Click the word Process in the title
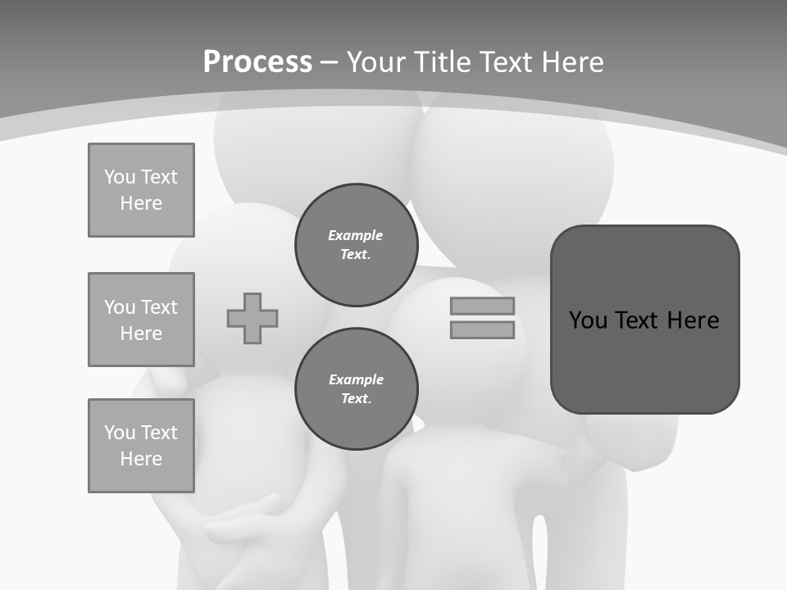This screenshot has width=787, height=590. tap(257, 62)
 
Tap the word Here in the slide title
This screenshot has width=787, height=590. tap(568, 62)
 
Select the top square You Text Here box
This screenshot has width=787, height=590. tap(141, 190)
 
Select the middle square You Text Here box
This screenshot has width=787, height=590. tap(141, 320)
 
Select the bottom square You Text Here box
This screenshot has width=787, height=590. tap(141, 446)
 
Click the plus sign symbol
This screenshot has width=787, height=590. tap(252, 318)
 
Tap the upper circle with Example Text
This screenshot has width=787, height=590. tap(356, 245)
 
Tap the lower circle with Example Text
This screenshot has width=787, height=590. tap(356, 389)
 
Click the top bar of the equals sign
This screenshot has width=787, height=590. tap(482, 306)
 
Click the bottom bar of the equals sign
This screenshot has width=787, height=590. tap(482, 330)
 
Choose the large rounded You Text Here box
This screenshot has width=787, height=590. tap(644, 320)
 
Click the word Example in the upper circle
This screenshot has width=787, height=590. tap(355, 235)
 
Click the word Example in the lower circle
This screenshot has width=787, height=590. tap(356, 379)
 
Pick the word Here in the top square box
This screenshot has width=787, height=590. tap(141, 203)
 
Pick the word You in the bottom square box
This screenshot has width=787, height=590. tap(120, 433)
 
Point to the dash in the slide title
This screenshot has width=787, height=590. tap(329, 62)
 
